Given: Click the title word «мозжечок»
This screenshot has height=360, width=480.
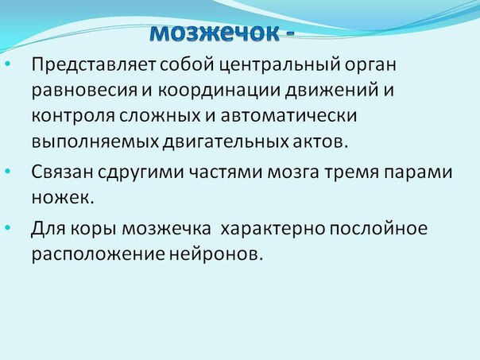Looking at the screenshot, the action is coord(215,32).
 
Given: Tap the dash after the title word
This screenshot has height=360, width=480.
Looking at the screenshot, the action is coord(289,33).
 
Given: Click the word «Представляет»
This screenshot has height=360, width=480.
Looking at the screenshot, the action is coord(94,65).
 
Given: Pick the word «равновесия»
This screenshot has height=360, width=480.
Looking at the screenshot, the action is coord(84,91).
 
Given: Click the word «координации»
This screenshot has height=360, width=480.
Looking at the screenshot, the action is coord(219,91).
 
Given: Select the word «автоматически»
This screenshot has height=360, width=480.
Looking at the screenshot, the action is coord(288,116).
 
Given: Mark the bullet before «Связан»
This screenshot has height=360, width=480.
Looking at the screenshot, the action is coord(8,171).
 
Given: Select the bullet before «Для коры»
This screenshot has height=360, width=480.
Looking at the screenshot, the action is coord(8,228).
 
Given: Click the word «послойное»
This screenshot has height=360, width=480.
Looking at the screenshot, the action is coord(378,227).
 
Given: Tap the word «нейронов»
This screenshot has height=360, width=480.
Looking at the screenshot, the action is coord(216,254).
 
